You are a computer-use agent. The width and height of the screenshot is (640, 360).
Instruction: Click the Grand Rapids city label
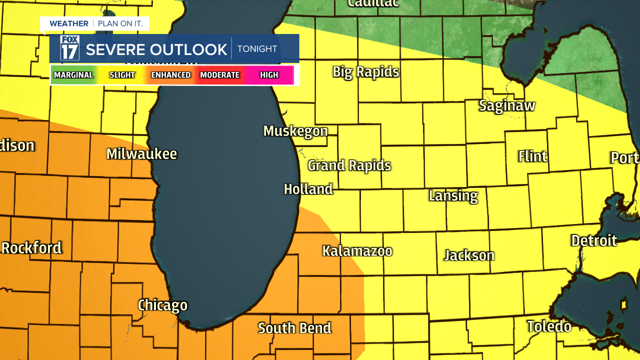(x=349, y=165)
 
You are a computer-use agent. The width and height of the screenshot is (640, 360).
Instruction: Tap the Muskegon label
(x=295, y=131)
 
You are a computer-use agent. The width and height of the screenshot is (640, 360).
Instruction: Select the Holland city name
(x=308, y=189)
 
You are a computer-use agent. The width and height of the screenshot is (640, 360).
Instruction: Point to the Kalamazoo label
(x=357, y=251)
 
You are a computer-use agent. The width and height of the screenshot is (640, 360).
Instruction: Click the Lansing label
(x=453, y=195)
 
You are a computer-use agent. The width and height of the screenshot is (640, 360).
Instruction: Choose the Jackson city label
(x=469, y=255)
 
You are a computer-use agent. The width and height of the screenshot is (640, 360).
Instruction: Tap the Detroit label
(x=594, y=240)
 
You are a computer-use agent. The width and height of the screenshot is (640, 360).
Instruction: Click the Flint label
(x=532, y=156)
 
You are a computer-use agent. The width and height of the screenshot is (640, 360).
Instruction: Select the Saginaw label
(x=506, y=106)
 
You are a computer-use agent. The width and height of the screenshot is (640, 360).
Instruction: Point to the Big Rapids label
(x=366, y=72)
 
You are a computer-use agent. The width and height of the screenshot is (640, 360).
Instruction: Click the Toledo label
(x=549, y=326)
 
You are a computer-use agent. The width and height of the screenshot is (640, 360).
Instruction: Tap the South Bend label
(x=294, y=328)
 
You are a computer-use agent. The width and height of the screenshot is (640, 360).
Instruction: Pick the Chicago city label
(x=162, y=305)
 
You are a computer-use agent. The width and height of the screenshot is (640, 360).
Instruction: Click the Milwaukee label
(x=141, y=154)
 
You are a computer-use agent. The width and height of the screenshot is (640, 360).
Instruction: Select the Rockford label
(x=31, y=248)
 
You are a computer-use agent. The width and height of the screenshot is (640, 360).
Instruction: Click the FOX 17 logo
(x=70, y=48)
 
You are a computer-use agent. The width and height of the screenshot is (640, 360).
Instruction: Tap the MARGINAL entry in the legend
(x=73, y=75)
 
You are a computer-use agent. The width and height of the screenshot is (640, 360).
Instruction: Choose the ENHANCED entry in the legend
(x=171, y=75)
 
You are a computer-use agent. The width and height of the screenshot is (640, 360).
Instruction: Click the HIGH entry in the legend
(x=269, y=75)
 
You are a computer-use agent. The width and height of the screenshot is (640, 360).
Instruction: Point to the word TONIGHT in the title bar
(x=257, y=49)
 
